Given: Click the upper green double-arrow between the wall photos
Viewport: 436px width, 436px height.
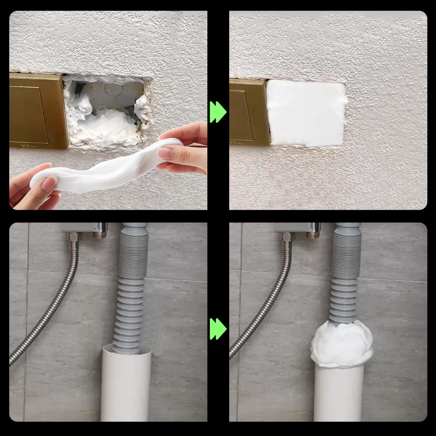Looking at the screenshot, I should (218, 112).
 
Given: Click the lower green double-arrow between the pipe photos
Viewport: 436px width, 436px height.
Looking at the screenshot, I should (218, 329).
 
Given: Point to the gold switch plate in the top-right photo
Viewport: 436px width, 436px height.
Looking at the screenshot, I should (247, 112).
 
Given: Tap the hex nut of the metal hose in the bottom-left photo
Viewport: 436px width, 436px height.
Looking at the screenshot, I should (73, 237).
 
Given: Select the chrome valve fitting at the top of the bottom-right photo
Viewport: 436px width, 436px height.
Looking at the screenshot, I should (313, 230).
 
